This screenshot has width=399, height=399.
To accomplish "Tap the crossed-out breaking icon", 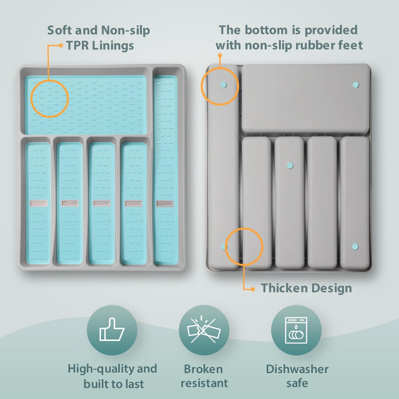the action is [x=204, y=330].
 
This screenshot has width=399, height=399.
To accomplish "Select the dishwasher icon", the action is [x=296, y=330].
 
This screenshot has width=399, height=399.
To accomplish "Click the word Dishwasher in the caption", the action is [x=297, y=369].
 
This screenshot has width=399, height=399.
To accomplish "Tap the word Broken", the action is [x=203, y=369].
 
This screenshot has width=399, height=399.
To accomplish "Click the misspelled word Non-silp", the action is [x=126, y=31].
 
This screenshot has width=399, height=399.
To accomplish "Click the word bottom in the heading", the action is [x=266, y=30].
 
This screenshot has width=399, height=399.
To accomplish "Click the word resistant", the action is [x=204, y=383].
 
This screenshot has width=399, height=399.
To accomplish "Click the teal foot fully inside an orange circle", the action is [x=223, y=85].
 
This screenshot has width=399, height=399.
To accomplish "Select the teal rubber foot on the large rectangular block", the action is [x=356, y=85].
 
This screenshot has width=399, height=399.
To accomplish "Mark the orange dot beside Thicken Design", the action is [x=252, y=289].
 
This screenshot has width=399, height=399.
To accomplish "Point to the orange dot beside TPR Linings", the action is [x=61, y=45].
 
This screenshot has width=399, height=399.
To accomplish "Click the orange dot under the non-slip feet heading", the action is [x=220, y=56].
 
